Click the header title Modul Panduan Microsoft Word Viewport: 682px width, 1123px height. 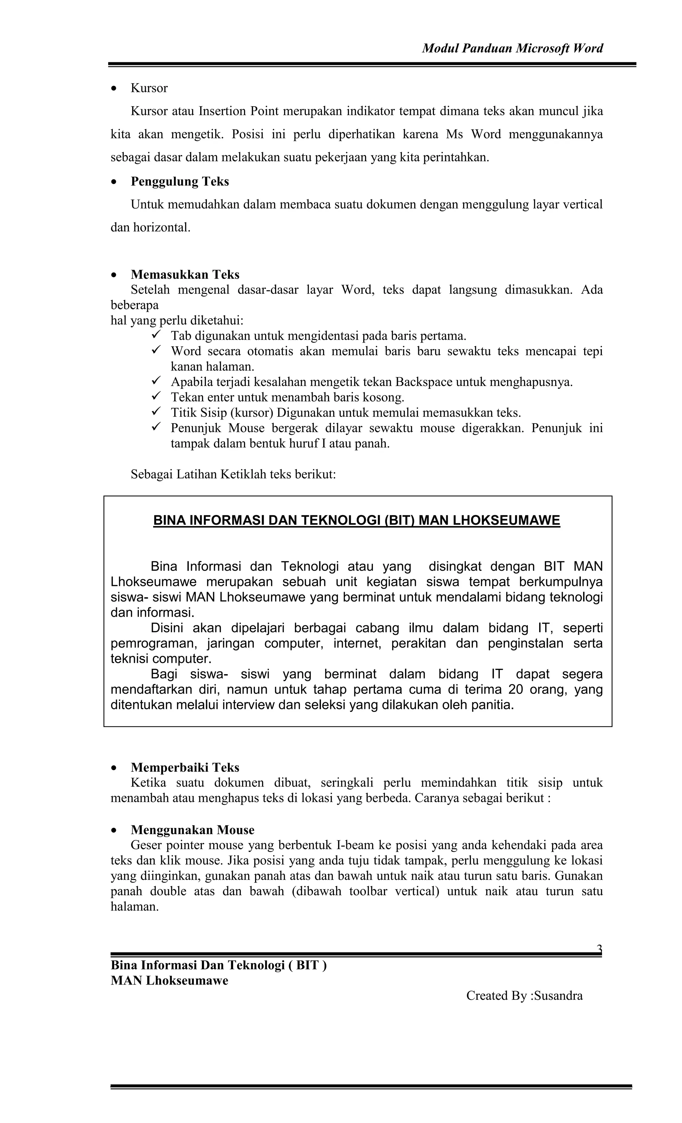pos(512,48)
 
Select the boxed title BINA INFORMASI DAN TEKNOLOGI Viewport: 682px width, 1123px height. pos(357,520)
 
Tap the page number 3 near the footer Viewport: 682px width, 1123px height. pos(599,949)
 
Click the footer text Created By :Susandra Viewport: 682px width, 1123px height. pos(524,996)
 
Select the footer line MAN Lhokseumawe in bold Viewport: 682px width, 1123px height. pos(169,981)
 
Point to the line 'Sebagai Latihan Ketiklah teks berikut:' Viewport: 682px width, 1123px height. pos(233,474)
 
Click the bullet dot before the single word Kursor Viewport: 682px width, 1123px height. pos(115,89)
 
